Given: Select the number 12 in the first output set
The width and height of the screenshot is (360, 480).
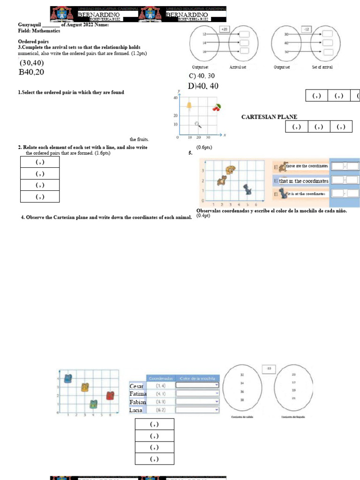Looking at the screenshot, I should [204, 34].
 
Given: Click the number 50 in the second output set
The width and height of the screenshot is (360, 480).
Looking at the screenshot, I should [286, 52].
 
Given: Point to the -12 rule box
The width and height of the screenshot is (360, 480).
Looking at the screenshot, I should [307, 29].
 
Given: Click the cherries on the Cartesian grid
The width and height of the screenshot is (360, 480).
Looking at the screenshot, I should [216, 107].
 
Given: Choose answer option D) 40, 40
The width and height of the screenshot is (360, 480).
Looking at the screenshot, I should [203, 86].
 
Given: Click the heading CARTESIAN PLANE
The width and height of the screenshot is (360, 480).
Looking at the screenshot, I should [269, 117].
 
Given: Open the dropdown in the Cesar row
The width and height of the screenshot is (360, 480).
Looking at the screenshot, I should [197, 385].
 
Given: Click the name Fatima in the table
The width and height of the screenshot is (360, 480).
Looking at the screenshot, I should [138, 394].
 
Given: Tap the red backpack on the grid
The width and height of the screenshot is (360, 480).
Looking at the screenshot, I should [110, 396].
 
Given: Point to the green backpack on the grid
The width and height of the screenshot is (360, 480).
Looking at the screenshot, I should [93, 404].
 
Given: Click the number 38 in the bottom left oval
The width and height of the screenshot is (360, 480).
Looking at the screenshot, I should [242, 400].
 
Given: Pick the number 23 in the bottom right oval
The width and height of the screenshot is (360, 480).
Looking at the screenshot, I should [293, 375].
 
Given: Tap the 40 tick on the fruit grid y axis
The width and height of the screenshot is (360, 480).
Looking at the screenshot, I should [176, 97].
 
